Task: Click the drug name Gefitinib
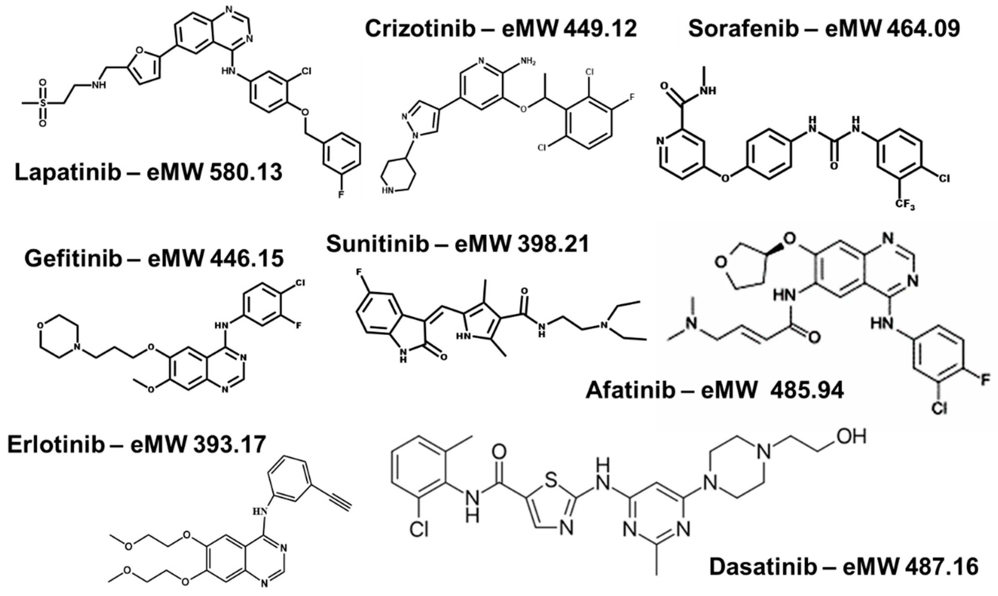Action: pos(73,259)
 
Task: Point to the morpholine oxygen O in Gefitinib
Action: pos(40,325)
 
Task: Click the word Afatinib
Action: pos(630,391)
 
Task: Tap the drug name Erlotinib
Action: pos(56,445)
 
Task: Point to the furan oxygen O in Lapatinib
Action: pos(139,50)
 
